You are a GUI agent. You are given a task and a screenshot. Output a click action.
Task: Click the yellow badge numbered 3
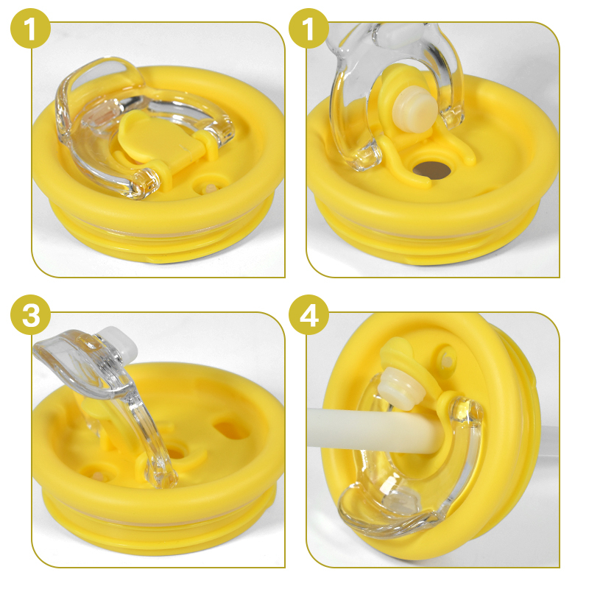coord(30,315)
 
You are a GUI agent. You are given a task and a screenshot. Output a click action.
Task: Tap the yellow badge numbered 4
coord(308,315)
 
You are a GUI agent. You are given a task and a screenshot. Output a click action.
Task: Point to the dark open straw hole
coord(431,170)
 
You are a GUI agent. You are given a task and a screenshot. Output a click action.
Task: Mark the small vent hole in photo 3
coord(97,474)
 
